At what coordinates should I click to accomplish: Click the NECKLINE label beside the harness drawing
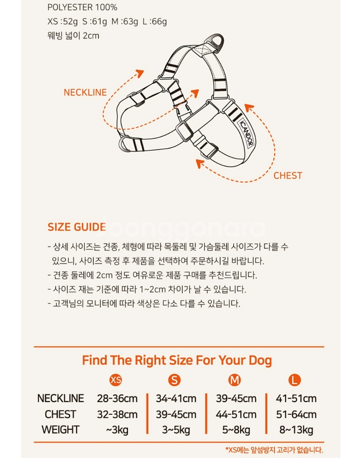(x=85, y=92)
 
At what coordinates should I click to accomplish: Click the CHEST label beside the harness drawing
(x=288, y=176)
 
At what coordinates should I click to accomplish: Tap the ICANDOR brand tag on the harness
(x=246, y=133)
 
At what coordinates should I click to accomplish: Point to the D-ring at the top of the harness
(x=216, y=42)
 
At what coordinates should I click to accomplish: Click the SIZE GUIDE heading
(x=76, y=227)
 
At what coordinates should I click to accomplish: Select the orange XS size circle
(x=116, y=380)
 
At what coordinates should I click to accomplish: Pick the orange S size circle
(x=174, y=380)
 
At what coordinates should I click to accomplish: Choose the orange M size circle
(x=234, y=380)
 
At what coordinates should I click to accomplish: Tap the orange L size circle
(x=295, y=380)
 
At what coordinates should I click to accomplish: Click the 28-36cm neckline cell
(x=117, y=398)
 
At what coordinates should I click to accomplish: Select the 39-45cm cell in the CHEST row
(x=176, y=414)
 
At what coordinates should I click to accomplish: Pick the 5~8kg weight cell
(x=236, y=430)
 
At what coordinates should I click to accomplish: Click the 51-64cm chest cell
(x=296, y=414)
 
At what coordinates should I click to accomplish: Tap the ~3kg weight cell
(x=117, y=430)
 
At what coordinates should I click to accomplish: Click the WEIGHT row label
(x=60, y=430)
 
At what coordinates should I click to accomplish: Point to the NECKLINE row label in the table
(x=60, y=398)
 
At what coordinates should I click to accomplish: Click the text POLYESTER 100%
(x=83, y=7)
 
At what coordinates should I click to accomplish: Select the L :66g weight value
(x=155, y=21)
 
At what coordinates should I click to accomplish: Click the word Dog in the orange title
(x=260, y=361)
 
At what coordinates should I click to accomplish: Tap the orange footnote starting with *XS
(x=274, y=450)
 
